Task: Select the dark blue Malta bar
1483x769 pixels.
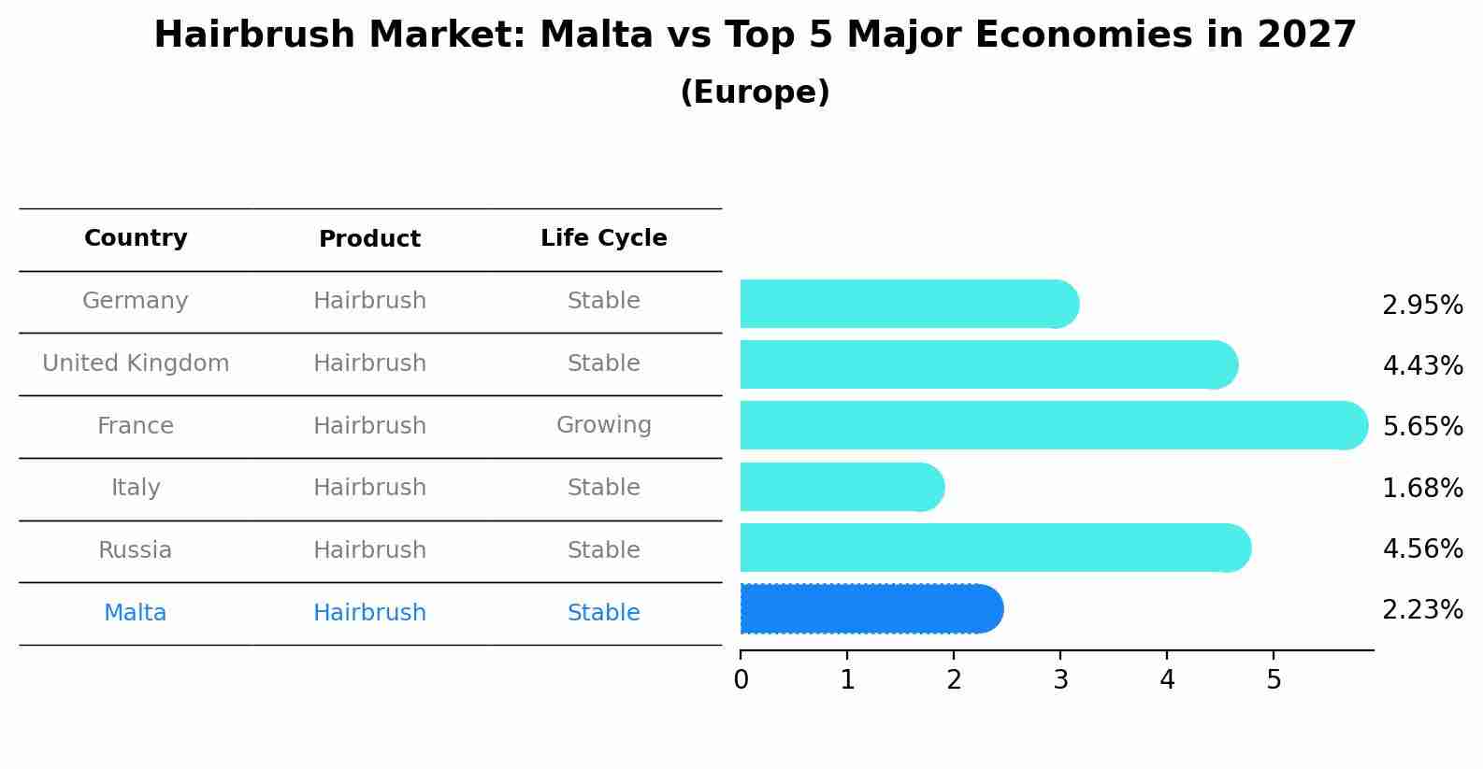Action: [x=870, y=609]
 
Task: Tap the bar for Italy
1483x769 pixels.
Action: [x=842, y=487]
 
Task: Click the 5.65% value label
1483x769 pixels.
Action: [x=1422, y=427]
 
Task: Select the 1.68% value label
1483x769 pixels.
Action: [x=1422, y=488]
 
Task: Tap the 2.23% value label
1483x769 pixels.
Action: [x=1422, y=610]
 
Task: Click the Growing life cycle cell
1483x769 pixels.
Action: [x=603, y=425]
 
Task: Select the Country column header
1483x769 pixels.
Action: [x=136, y=238]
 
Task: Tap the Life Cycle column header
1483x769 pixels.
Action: [x=603, y=238]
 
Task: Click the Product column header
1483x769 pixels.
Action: [x=369, y=239]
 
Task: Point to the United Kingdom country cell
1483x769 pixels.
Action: [x=136, y=363]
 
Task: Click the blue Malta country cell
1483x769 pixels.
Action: [x=136, y=613]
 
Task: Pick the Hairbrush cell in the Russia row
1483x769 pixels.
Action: [x=369, y=550]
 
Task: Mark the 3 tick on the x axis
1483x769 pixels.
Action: [x=1060, y=679]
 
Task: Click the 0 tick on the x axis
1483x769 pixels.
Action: [x=741, y=679]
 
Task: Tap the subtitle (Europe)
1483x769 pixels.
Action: [x=755, y=93]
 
